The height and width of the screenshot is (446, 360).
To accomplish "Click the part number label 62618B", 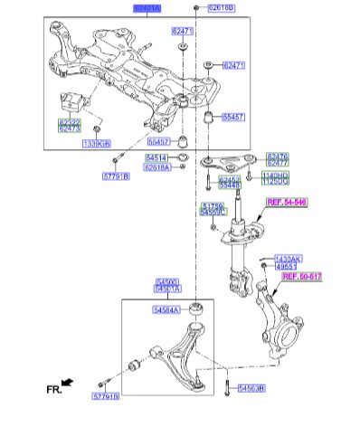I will click(x=221, y=8).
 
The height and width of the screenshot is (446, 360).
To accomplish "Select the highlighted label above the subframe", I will click(x=148, y=7).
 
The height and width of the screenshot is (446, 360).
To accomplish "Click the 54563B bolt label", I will click(x=251, y=389).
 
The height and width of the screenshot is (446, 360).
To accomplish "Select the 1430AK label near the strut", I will click(x=288, y=258).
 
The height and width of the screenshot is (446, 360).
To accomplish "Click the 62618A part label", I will click(x=157, y=167).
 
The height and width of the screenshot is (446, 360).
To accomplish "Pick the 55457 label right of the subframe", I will click(x=233, y=117).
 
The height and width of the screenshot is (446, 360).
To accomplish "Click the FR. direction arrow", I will click(x=68, y=383).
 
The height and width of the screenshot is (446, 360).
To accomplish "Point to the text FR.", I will click(x=53, y=390).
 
